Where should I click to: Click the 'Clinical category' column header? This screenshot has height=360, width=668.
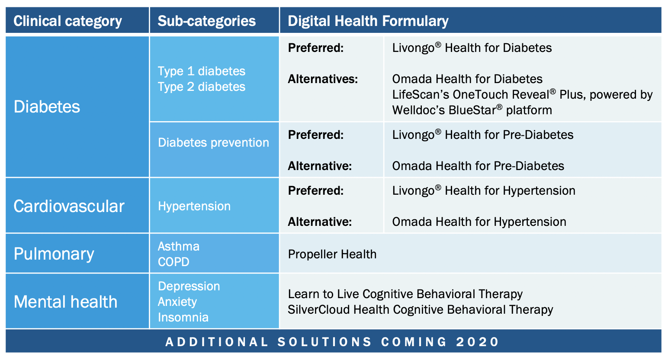click(x=67, y=21)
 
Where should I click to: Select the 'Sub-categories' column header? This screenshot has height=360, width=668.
click(x=207, y=21)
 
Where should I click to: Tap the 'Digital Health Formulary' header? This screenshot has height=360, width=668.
click(x=368, y=21)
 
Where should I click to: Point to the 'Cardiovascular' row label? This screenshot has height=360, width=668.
click(x=69, y=206)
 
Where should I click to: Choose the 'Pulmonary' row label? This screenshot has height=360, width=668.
click(x=54, y=254)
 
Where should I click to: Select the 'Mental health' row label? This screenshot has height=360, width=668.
click(x=66, y=302)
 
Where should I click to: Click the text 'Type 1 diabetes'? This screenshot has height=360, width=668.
click(x=202, y=71)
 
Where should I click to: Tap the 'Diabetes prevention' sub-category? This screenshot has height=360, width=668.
click(x=214, y=142)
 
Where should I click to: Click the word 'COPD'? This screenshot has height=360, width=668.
click(x=173, y=262)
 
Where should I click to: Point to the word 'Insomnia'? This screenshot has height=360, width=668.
click(x=183, y=317)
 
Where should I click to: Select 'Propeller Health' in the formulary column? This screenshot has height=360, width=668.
click(x=332, y=254)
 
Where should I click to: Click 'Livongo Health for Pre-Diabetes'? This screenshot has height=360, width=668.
click(x=483, y=135)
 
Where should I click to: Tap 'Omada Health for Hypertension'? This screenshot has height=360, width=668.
click(x=479, y=222)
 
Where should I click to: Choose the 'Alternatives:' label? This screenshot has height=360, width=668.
click(x=323, y=79)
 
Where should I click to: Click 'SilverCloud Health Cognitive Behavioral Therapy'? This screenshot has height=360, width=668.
click(x=421, y=310)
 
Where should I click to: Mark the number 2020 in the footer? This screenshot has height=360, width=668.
click(x=477, y=342)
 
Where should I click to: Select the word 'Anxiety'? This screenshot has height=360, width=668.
click(x=177, y=302)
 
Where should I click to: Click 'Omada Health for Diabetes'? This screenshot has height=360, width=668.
click(x=467, y=79)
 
